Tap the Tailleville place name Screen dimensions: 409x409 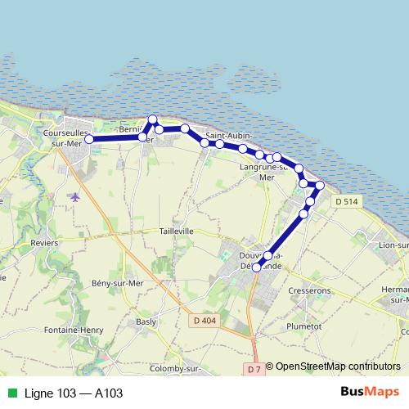click(x=177, y=231)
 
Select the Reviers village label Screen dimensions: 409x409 click(x=43, y=243)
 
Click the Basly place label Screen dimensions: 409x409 click(x=146, y=321)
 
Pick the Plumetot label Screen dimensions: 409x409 click(x=304, y=326)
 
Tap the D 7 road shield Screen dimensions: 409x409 click(x=254, y=370)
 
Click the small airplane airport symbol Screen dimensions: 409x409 click(x=76, y=196)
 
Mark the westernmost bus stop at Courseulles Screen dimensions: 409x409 click(x=89, y=139)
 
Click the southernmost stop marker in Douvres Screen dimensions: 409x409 click(x=256, y=267)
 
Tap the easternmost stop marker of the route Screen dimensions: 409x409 click(x=320, y=186)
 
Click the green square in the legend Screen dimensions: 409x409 click(x=11, y=393)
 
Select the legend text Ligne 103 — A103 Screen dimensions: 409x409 click(x=74, y=393)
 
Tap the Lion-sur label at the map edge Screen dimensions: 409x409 click(x=393, y=244)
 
